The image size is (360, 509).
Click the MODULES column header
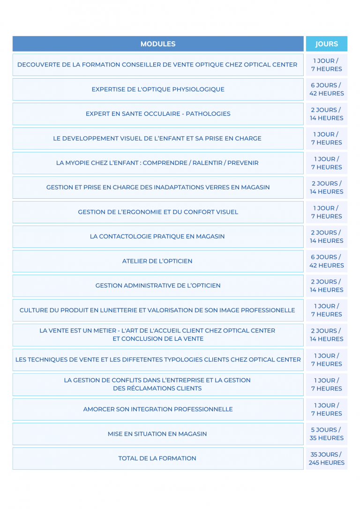(x=158, y=44)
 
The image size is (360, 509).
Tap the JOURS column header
(x=326, y=44)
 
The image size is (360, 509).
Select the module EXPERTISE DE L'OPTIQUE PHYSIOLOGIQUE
(x=158, y=89)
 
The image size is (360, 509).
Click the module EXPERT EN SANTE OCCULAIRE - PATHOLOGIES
(x=158, y=114)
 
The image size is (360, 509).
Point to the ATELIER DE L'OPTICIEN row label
(x=157, y=261)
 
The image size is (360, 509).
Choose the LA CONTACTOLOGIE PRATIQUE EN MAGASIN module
(x=157, y=237)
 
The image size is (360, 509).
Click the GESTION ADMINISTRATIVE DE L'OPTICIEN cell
(x=158, y=285)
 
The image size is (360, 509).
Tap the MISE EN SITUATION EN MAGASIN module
(x=157, y=434)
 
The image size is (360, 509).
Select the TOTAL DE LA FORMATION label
(x=157, y=458)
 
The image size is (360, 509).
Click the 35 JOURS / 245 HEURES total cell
(x=326, y=458)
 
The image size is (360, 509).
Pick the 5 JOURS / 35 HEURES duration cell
(x=326, y=434)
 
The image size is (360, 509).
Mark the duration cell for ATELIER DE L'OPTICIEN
(x=326, y=261)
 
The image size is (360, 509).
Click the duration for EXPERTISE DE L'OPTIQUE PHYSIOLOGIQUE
(x=326, y=89)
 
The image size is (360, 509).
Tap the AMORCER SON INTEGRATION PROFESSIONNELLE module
(x=158, y=409)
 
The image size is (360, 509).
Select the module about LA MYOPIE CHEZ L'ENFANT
(x=157, y=163)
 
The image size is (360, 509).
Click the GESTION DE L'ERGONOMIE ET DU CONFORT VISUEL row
(x=158, y=212)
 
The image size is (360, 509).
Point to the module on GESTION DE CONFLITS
(x=157, y=384)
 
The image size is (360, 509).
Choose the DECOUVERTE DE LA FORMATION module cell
(x=157, y=65)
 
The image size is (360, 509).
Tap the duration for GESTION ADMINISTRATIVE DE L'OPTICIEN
(x=326, y=285)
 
